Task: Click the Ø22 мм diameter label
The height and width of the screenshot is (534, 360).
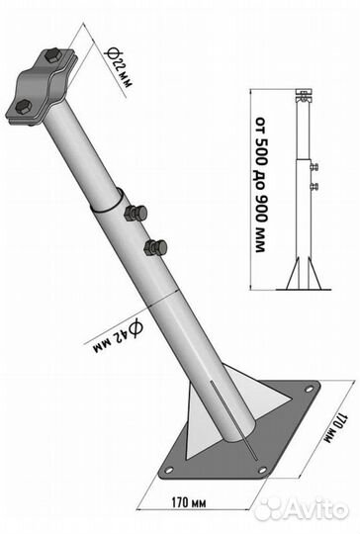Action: pyautogui.click(x=118, y=67)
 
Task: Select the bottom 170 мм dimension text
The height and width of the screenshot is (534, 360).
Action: pyautogui.click(x=188, y=502)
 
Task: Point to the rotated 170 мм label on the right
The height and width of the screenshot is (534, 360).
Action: pyautogui.click(x=336, y=428)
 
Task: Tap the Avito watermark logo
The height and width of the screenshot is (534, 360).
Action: pyautogui.click(x=302, y=510)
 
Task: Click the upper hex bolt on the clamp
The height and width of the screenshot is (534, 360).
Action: pyautogui.click(x=52, y=55)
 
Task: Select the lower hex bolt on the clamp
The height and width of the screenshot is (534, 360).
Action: pyautogui.click(x=24, y=107)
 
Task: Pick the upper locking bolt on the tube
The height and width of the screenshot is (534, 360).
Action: pyautogui.click(x=135, y=214)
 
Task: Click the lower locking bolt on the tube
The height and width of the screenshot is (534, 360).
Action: pyautogui.click(x=155, y=247)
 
